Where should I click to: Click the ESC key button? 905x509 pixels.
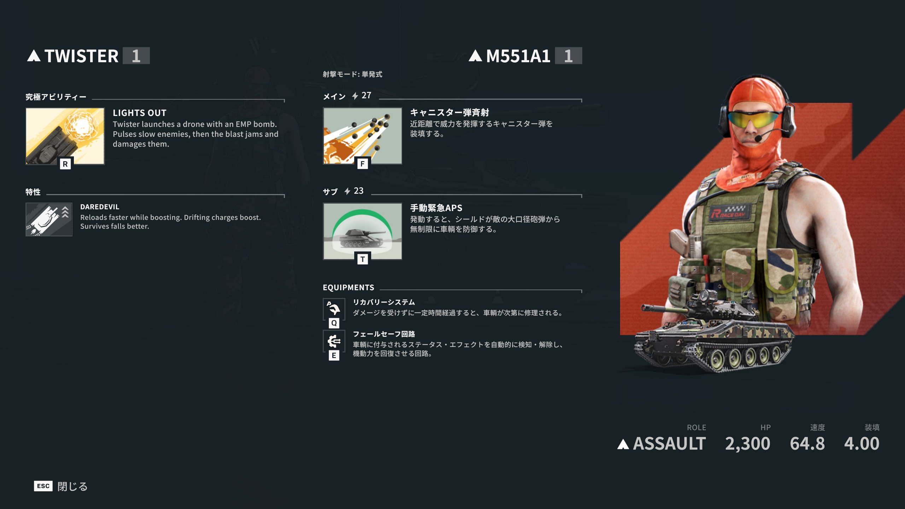coord(43,486)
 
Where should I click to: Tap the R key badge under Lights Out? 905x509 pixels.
coord(65,164)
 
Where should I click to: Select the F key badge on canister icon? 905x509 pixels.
coord(362,164)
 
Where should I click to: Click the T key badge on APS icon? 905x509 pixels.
coord(362,259)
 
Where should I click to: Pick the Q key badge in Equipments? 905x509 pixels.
coord(334,323)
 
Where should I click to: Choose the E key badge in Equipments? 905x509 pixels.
coord(334,355)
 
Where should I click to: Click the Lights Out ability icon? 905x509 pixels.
coord(65,136)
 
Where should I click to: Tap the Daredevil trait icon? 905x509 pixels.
coord(49,219)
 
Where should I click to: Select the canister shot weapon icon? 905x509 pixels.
coord(362,136)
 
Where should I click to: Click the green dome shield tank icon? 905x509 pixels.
coord(362,231)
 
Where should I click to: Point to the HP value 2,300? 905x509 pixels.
coord(748,444)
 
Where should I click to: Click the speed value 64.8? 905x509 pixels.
coord(807,444)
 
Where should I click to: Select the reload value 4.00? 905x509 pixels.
coord(862,444)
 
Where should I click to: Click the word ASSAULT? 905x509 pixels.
coord(669,444)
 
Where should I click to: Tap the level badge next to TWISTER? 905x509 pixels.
coord(136,55)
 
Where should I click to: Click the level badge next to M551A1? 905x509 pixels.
coord(568,55)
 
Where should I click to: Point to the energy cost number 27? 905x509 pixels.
coord(366,95)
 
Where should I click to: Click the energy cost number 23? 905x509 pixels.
coord(358,191)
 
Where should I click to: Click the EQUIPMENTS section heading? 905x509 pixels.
coord(349,287)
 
